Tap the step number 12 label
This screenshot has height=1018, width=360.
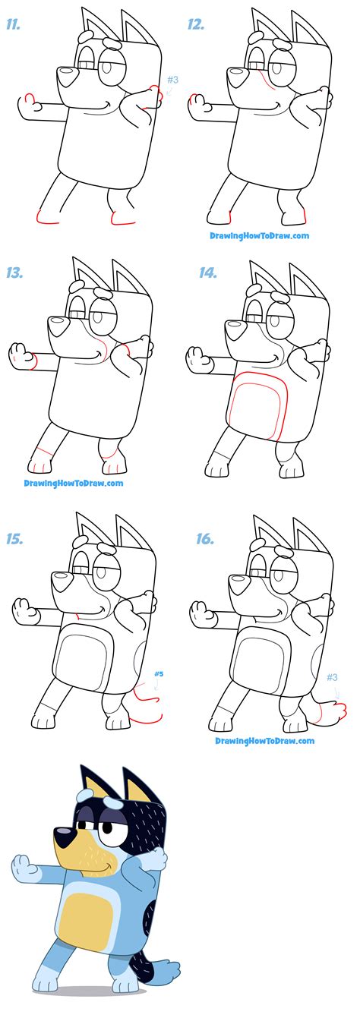[197, 24]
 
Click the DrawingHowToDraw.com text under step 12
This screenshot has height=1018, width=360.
[260, 235]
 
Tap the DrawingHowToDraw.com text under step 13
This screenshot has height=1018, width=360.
[73, 483]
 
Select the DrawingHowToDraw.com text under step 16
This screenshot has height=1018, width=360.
[264, 741]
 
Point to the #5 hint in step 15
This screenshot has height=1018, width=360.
[159, 673]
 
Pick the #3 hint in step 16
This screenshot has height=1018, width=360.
[332, 677]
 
